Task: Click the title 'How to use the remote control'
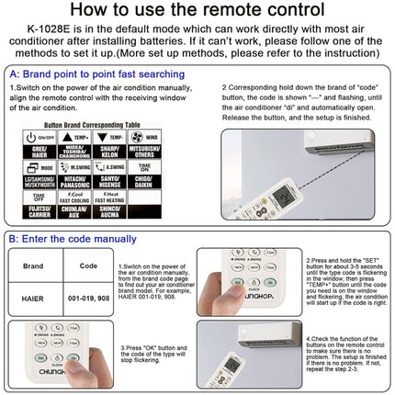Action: pos(197,12)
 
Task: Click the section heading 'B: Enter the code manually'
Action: pos(73,238)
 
